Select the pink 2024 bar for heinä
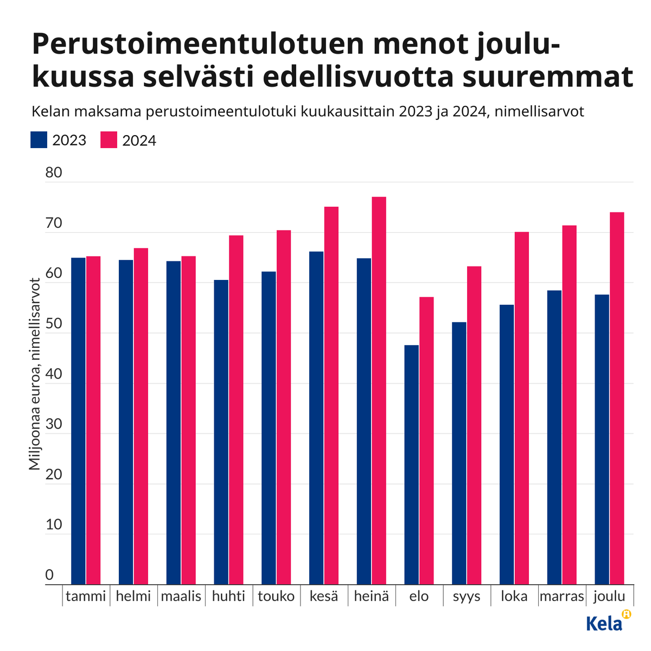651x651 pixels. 379,391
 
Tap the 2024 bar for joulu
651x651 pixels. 617,398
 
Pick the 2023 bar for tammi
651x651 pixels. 78,421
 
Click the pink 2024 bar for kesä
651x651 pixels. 331,395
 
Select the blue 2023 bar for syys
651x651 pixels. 459,453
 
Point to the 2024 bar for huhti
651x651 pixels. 236,410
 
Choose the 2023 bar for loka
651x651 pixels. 507,444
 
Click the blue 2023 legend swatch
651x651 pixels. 40,140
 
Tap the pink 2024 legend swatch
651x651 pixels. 109,140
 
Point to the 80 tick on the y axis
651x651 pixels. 53,173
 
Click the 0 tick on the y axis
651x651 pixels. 49,575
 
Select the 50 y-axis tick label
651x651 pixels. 53,324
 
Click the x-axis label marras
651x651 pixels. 561,597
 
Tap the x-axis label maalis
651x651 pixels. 181,597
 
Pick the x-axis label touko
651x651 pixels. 276,597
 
